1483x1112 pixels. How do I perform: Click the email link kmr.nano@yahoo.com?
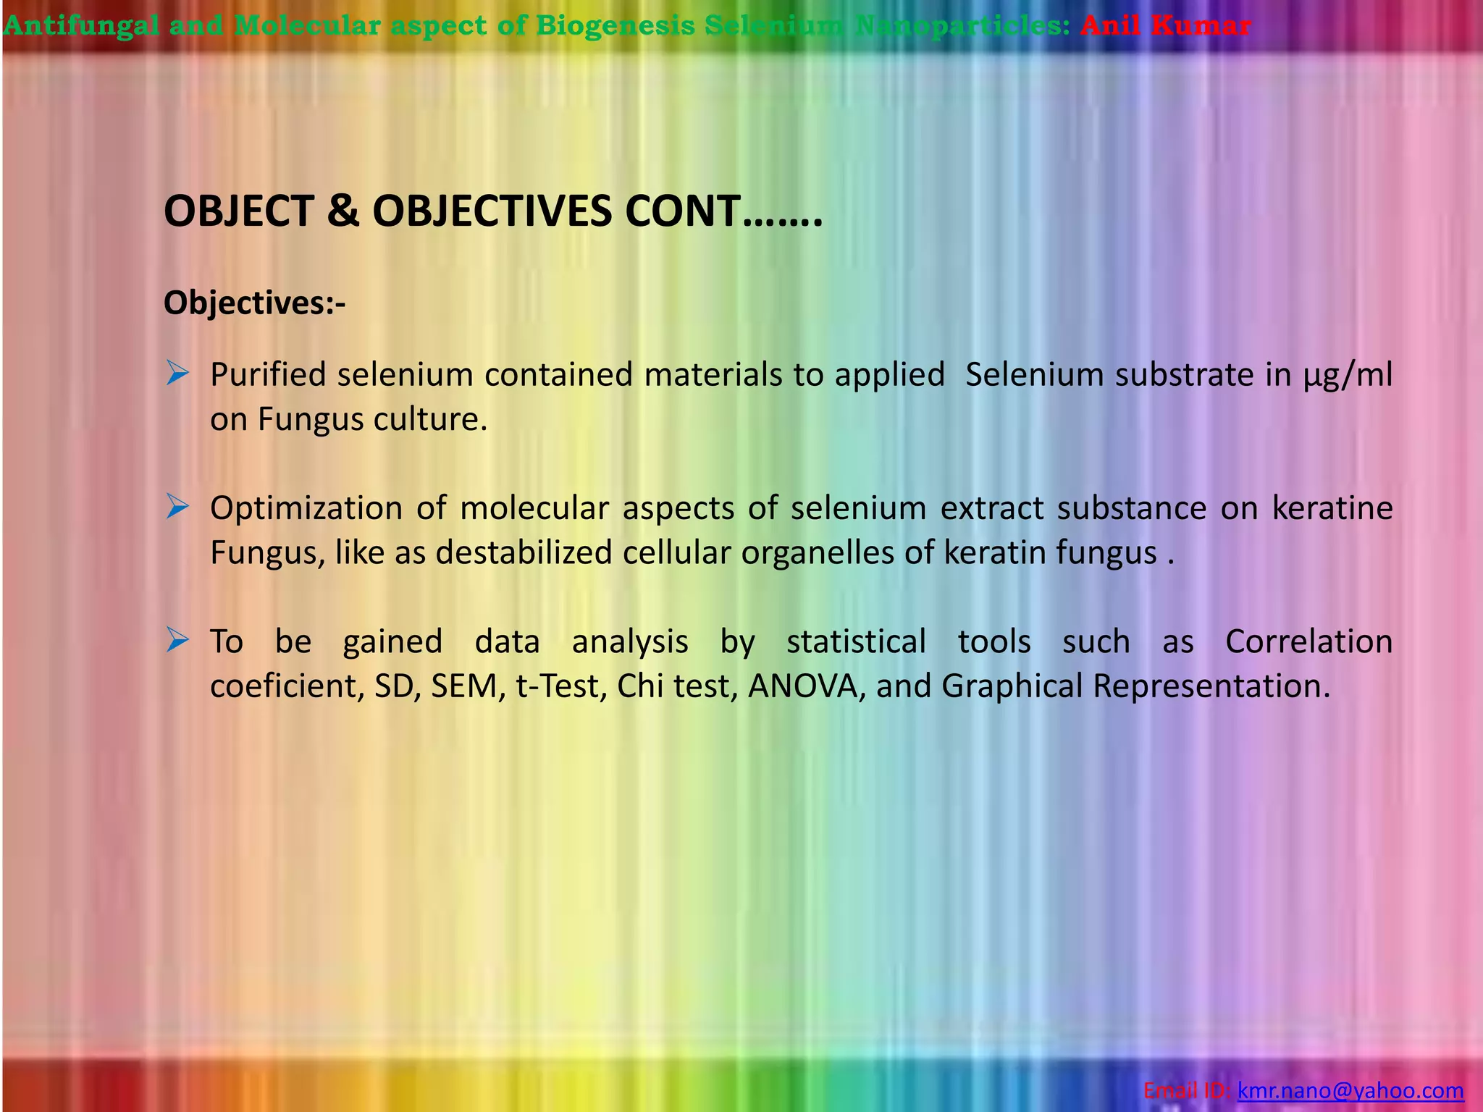coord(1350,1090)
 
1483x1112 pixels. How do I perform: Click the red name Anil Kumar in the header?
coord(1165,26)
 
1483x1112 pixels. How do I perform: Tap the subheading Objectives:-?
coord(254,303)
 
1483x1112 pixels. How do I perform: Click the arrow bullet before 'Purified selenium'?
coord(177,374)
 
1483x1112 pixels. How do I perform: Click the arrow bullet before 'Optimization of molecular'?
coord(177,507)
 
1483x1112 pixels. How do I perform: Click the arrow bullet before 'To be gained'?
coord(177,640)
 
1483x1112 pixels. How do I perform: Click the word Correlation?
coord(1308,641)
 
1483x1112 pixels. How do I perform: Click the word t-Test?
coord(561,686)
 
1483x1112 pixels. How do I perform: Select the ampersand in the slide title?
coord(343,211)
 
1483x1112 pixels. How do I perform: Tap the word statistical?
coord(856,641)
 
